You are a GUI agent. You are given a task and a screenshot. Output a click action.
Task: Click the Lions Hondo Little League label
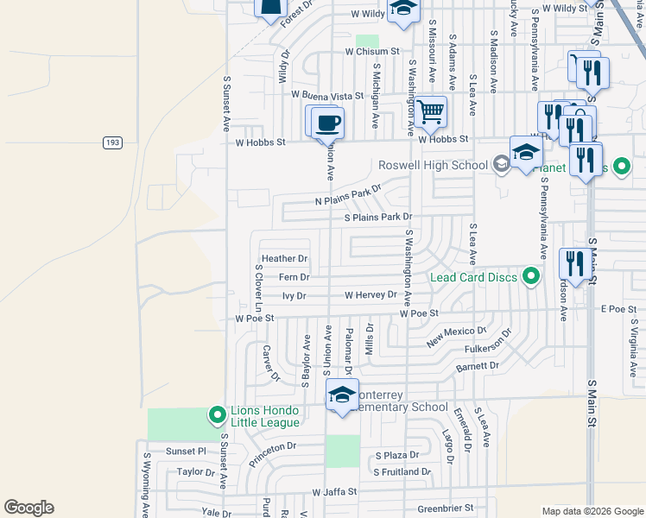coord(264,415)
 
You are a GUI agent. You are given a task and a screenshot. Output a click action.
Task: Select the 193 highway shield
coord(112,142)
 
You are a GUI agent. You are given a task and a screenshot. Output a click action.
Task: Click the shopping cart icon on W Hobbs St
coord(430,111)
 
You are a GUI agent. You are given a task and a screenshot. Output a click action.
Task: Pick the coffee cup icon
coord(327,122)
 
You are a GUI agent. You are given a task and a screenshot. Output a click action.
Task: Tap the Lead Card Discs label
coord(473,277)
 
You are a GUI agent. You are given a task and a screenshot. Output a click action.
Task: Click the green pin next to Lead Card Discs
coord(531,276)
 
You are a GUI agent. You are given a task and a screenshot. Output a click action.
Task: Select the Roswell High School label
coord(433,165)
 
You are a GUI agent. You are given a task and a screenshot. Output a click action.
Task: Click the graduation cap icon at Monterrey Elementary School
coord(343,395)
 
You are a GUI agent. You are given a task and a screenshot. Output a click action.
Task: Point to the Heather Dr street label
coord(284,258)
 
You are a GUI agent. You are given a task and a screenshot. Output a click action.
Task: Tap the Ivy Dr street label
coord(294,295)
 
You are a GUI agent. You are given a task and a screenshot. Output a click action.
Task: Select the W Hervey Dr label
coord(370,295)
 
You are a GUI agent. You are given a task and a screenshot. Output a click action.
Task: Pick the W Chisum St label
coord(372,51)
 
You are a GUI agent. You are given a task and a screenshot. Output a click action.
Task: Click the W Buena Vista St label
coord(327,95)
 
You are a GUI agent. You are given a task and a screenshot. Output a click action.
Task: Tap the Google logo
coord(28,508)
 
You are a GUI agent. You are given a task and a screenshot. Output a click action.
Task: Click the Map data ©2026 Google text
coord(592,511)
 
